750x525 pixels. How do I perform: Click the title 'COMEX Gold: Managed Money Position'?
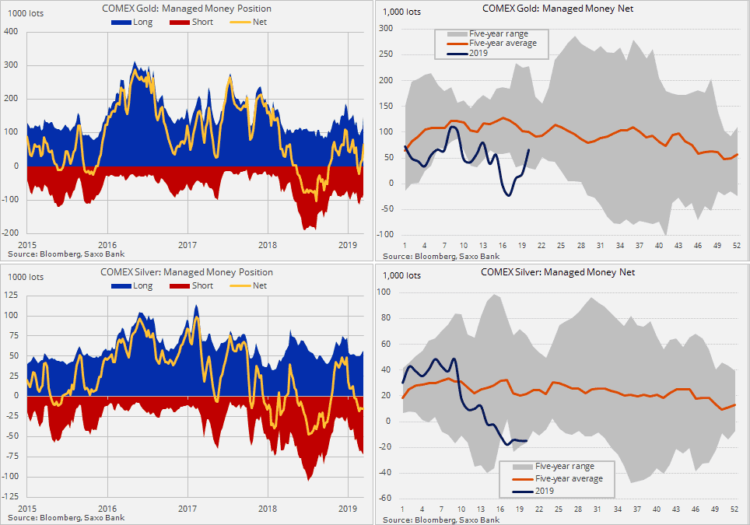click(187, 8)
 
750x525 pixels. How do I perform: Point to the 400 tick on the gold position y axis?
click(11, 32)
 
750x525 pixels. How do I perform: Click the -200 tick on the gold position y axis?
click(9, 233)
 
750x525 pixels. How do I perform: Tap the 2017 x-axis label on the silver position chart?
click(187, 509)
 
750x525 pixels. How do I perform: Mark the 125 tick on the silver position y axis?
click(11, 295)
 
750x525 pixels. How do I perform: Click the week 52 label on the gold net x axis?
click(736, 246)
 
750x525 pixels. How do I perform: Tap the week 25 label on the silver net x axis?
click(559, 510)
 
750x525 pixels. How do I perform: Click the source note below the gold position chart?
click(65, 254)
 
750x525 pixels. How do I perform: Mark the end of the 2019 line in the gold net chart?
click(529, 150)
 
